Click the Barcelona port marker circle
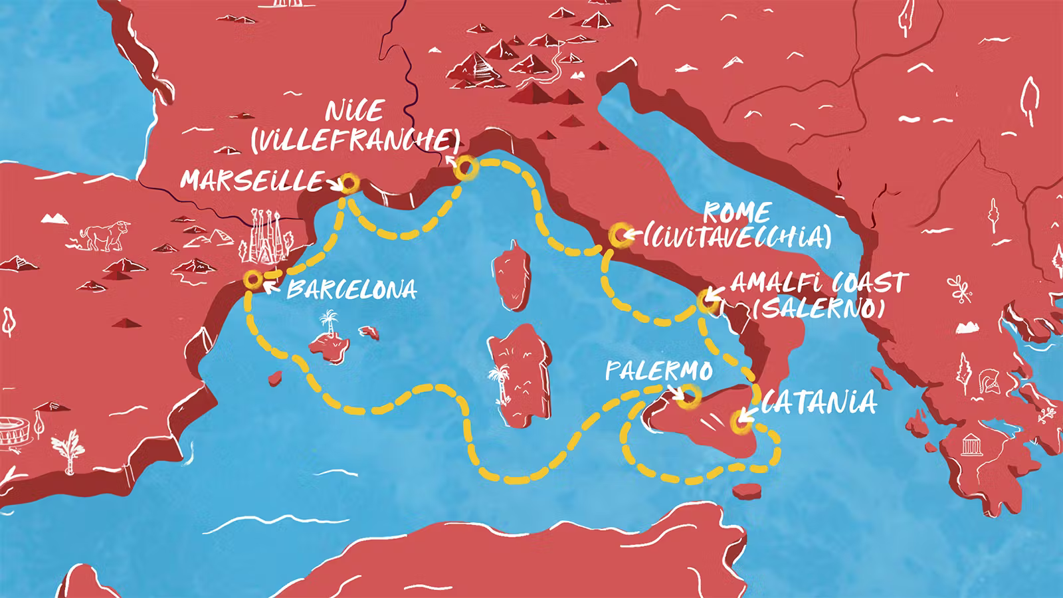click(252, 279)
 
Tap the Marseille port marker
click(347, 183)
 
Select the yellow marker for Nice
click(464, 167)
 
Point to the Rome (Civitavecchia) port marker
click(619, 234)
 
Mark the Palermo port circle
click(689, 395)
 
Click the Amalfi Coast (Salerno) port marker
click(706, 301)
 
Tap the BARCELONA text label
click(352, 290)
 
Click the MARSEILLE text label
click(251, 181)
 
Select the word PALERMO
click(658, 371)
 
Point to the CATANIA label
click(819, 403)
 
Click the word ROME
click(736, 213)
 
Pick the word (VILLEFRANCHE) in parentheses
click(355, 139)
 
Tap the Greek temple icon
click(971, 445)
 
